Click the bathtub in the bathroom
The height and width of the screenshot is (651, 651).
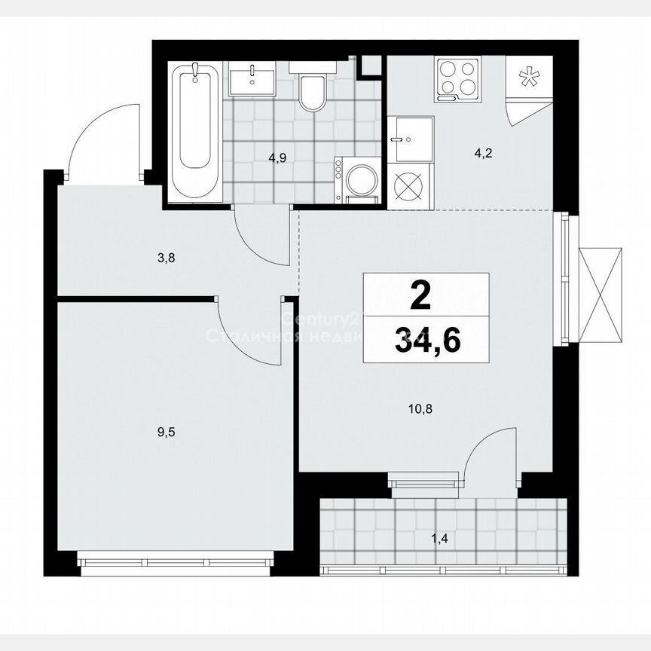coord(195,132)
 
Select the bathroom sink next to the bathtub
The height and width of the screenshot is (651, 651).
coord(252,78)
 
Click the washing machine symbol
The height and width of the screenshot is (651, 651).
coord(357,181)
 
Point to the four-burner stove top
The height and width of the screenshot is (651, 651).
coord(457,79)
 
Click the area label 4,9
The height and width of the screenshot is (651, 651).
coord(280,158)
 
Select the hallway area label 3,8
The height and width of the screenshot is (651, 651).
coord(167,258)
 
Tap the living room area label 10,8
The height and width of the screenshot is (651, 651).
coord(420,410)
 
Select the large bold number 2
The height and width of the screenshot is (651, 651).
coord(421,295)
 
